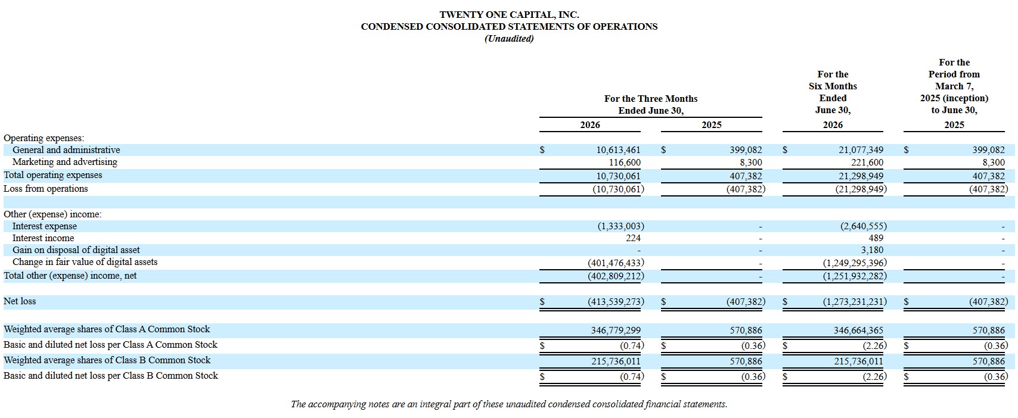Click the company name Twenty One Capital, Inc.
(x=509, y=14)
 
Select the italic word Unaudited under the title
(x=509, y=39)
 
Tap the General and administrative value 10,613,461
(x=618, y=150)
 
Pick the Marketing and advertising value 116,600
(x=625, y=162)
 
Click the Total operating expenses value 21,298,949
(x=861, y=176)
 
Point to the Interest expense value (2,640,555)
(x=864, y=226)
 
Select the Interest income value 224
(x=633, y=238)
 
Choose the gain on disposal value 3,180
(x=872, y=250)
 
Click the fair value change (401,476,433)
(x=616, y=263)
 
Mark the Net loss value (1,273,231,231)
(x=855, y=301)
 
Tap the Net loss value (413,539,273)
(x=616, y=301)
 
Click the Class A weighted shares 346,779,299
(x=616, y=330)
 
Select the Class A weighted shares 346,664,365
(x=858, y=330)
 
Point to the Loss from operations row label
(x=46, y=189)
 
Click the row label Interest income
(x=43, y=238)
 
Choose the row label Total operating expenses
(x=52, y=175)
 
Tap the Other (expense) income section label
(x=52, y=214)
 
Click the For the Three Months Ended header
(x=651, y=104)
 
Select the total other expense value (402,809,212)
(x=616, y=276)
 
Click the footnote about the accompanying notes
(x=509, y=404)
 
